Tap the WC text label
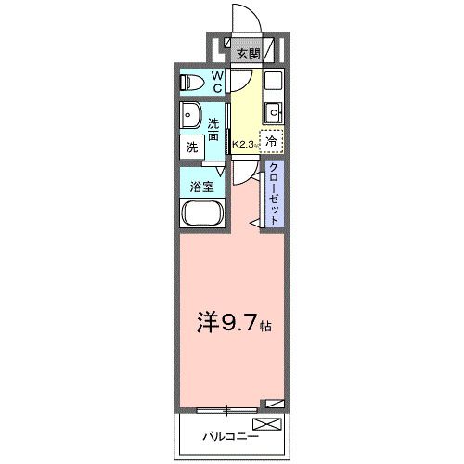[x=216, y=82]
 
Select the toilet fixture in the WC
[x=192, y=82]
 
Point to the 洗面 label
[x=214, y=129]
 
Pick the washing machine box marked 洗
[x=191, y=146]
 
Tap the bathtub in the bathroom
[x=199, y=214]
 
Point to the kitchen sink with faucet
[x=273, y=113]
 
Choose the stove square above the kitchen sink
[x=273, y=81]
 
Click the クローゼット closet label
[x=276, y=191]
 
